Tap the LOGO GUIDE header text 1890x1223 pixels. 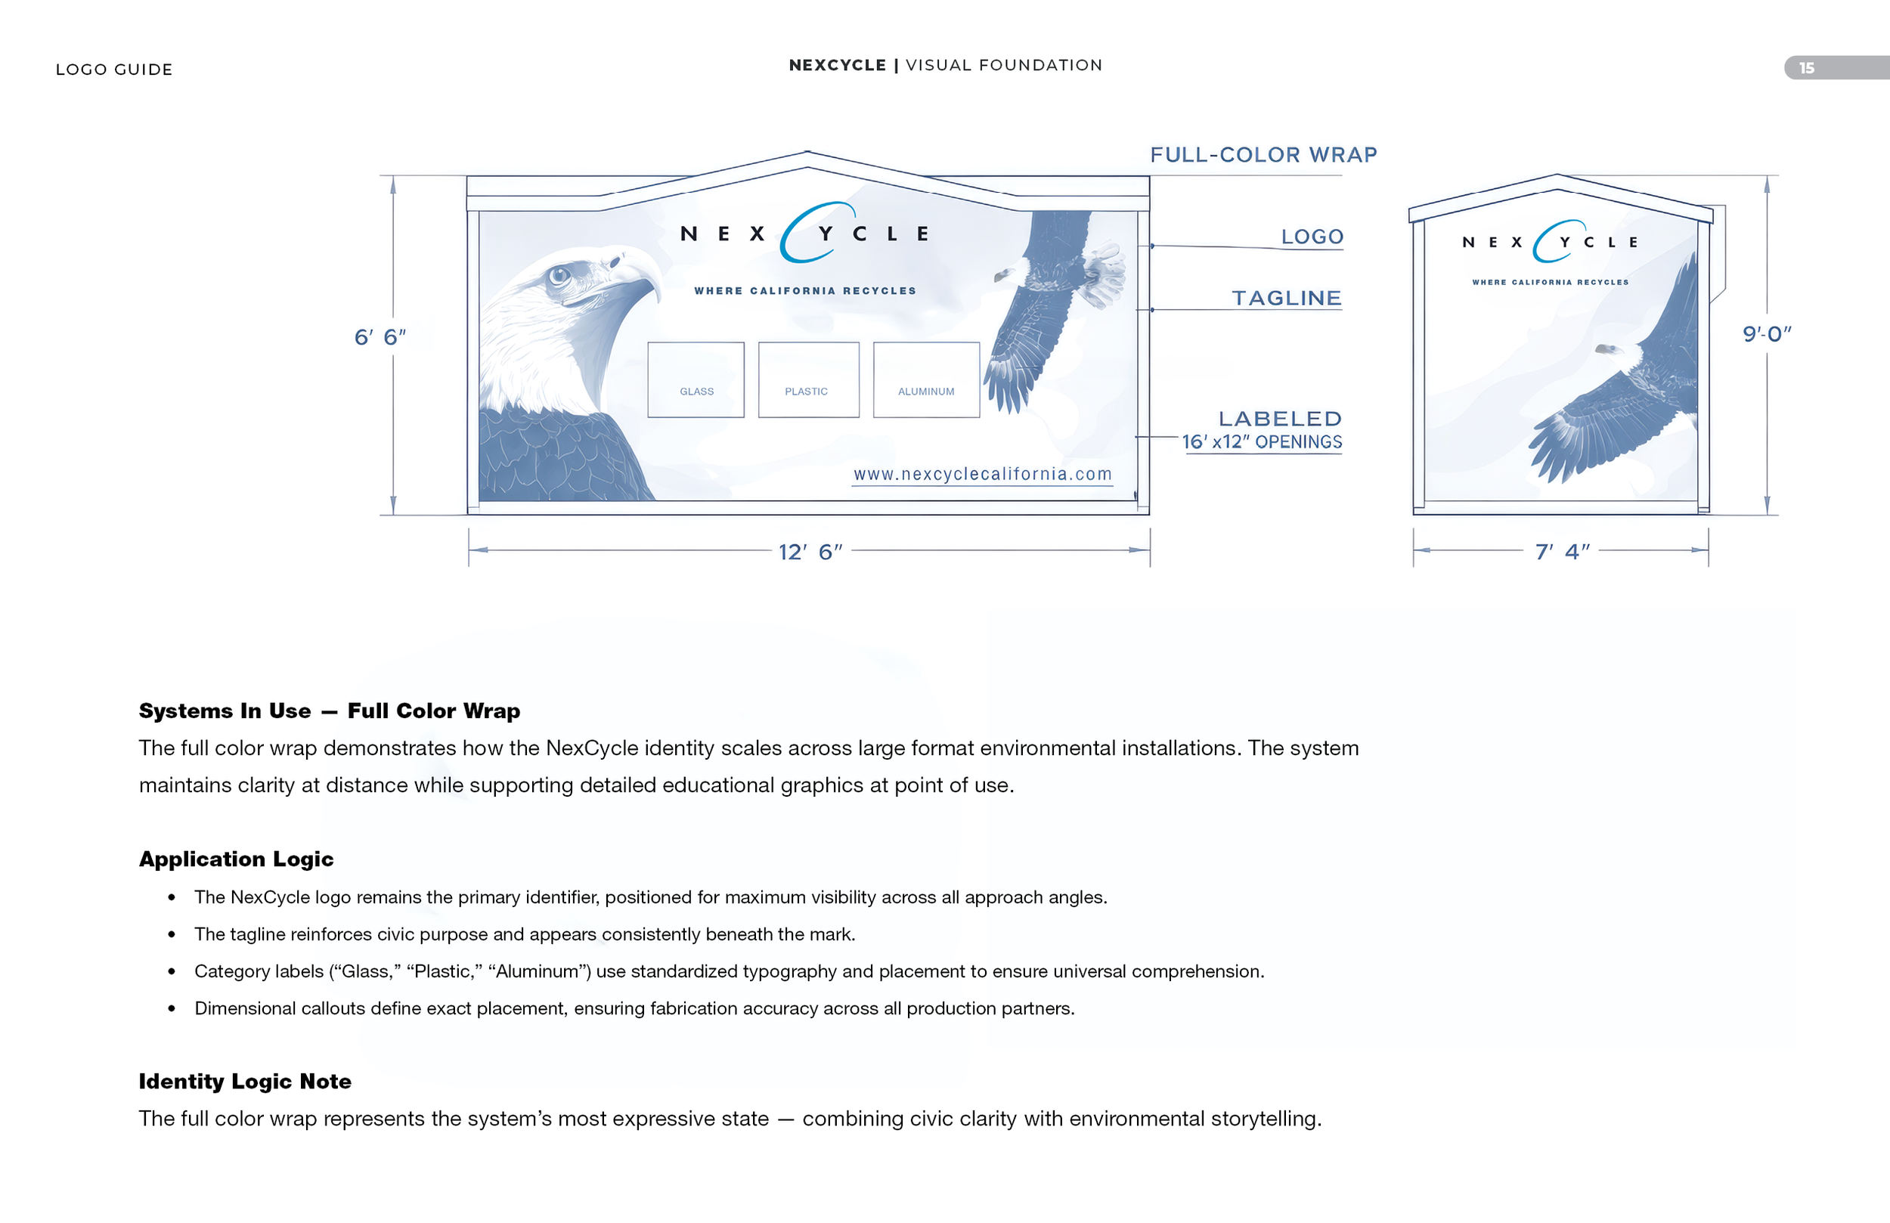tap(113, 70)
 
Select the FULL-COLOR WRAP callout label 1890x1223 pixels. tap(1263, 155)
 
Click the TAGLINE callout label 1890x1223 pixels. tap(1286, 299)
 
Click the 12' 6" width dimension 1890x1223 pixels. tap(809, 552)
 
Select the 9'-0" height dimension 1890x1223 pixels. tap(1766, 334)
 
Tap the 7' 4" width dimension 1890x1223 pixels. tap(1561, 552)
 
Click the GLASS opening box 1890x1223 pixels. tap(696, 380)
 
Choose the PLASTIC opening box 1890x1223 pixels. tap(807, 380)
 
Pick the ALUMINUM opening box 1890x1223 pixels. tap(926, 380)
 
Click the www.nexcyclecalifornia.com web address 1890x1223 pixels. tap(981, 475)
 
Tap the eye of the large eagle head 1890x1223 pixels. tap(560, 276)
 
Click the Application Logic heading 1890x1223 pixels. tap(236, 859)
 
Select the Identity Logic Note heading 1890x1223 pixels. tap(245, 1082)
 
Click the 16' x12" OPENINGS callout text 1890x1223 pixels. tap(1261, 442)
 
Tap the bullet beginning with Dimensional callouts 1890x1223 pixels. tap(634, 1008)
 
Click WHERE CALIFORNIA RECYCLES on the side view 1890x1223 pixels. tap(1549, 283)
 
